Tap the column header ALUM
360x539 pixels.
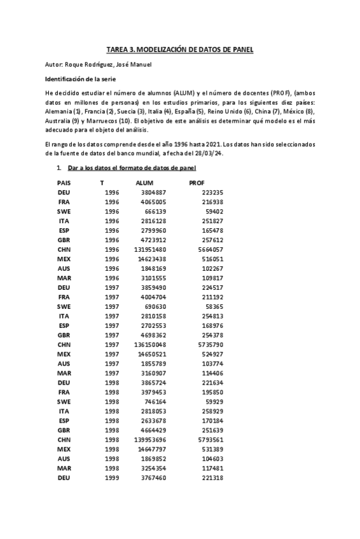(145, 182)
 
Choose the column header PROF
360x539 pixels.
(197, 182)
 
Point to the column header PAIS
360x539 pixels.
(64, 182)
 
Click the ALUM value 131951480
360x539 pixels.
(150, 250)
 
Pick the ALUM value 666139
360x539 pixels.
(155, 211)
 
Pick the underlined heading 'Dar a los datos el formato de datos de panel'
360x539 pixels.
(132, 168)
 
